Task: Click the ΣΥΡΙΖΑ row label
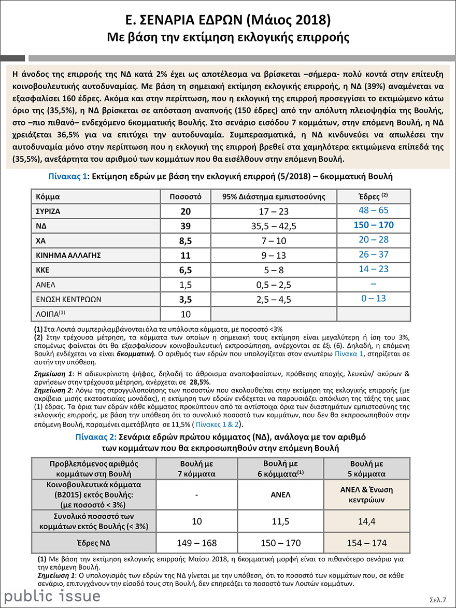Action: point(48,211)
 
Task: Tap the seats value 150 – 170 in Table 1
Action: point(373,225)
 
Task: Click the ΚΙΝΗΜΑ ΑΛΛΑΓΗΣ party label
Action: point(67,255)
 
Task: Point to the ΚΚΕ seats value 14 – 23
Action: point(373,269)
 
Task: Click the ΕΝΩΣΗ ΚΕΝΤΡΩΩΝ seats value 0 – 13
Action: point(373,299)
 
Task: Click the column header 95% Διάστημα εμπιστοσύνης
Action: point(273,197)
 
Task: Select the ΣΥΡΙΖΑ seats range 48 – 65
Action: point(373,210)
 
